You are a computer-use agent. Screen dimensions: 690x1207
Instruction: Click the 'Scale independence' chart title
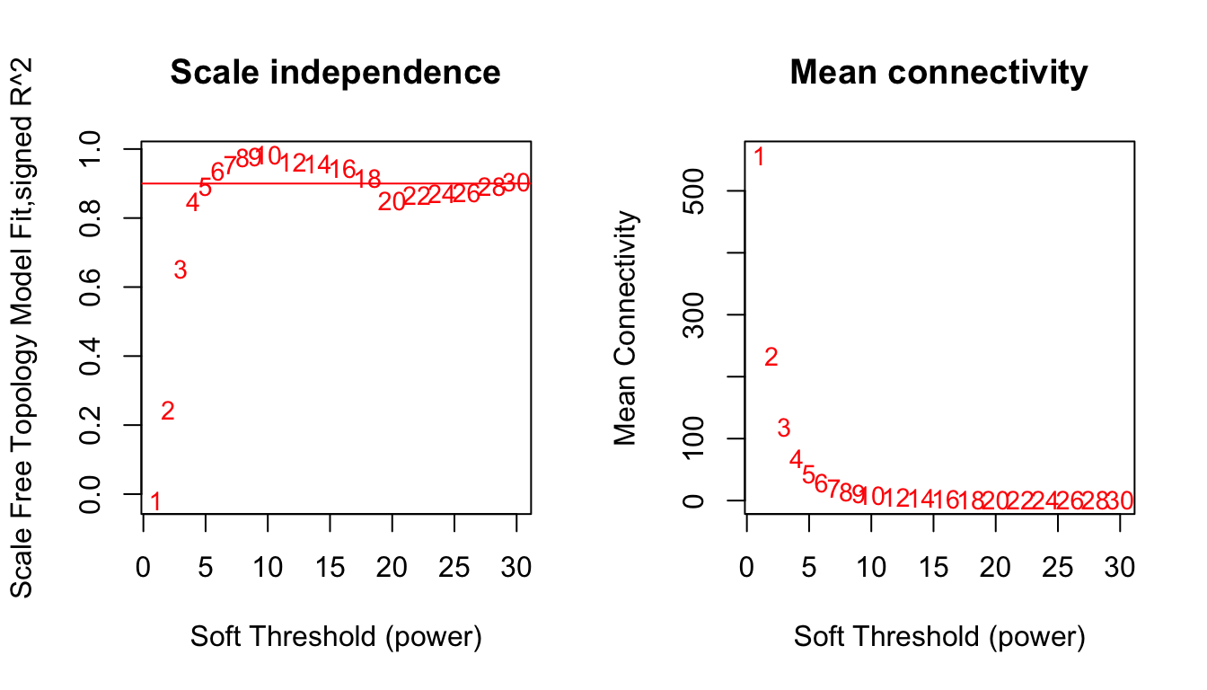click(x=335, y=73)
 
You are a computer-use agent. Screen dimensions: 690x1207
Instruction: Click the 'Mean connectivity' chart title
click(x=938, y=73)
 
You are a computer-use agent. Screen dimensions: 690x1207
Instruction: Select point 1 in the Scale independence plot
click(x=155, y=501)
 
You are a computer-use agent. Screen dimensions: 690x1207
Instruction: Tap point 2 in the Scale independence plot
click(x=167, y=411)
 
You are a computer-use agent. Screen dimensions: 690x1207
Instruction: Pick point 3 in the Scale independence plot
click(x=180, y=270)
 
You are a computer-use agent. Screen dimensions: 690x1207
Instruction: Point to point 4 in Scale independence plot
click(x=192, y=203)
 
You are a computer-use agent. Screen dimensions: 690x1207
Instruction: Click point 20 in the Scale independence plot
click(x=392, y=202)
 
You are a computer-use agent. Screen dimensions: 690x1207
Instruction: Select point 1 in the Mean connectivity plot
click(x=759, y=157)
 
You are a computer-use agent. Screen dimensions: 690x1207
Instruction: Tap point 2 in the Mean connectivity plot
click(x=771, y=358)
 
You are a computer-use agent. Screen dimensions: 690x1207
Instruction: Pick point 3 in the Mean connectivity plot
click(x=783, y=429)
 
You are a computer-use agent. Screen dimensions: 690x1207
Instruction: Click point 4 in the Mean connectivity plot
click(x=796, y=459)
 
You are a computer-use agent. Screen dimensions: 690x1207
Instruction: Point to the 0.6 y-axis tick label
click(x=91, y=287)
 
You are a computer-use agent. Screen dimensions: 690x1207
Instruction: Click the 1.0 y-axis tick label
click(x=91, y=149)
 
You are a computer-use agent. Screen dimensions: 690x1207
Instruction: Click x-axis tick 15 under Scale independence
click(x=330, y=568)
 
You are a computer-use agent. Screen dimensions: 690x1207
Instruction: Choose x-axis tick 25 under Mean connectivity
click(x=1058, y=568)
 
